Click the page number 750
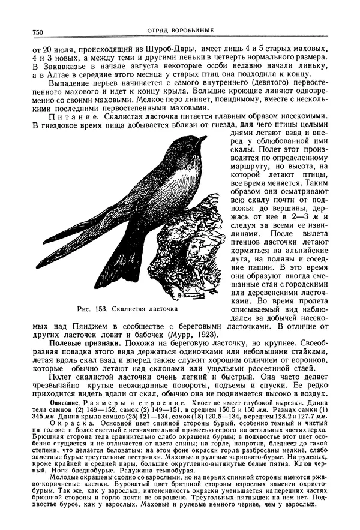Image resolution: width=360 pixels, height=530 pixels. point(32,32)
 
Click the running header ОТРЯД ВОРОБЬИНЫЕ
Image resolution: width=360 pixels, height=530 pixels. point(180,31)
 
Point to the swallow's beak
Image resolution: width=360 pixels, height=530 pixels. point(203,139)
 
